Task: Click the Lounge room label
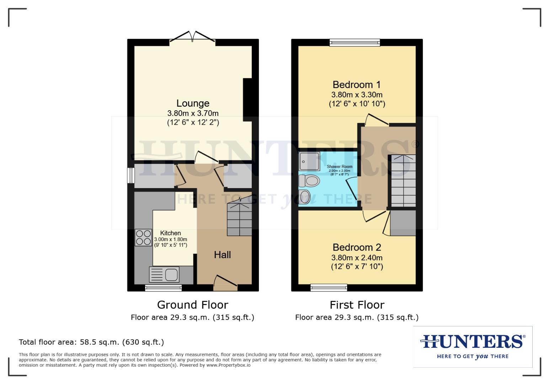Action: [x=193, y=103]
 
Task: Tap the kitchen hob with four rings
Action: [x=143, y=238]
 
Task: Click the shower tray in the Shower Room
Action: [x=307, y=161]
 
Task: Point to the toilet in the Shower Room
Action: [x=309, y=181]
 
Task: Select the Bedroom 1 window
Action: [x=355, y=43]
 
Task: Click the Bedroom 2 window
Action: [x=329, y=287]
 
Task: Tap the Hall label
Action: [x=222, y=255]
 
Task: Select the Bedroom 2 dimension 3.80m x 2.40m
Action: [x=357, y=257]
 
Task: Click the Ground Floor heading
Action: [x=192, y=305]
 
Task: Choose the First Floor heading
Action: [x=357, y=305]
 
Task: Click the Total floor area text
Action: [x=91, y=342]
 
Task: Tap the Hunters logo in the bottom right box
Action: [x=472, y=346]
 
